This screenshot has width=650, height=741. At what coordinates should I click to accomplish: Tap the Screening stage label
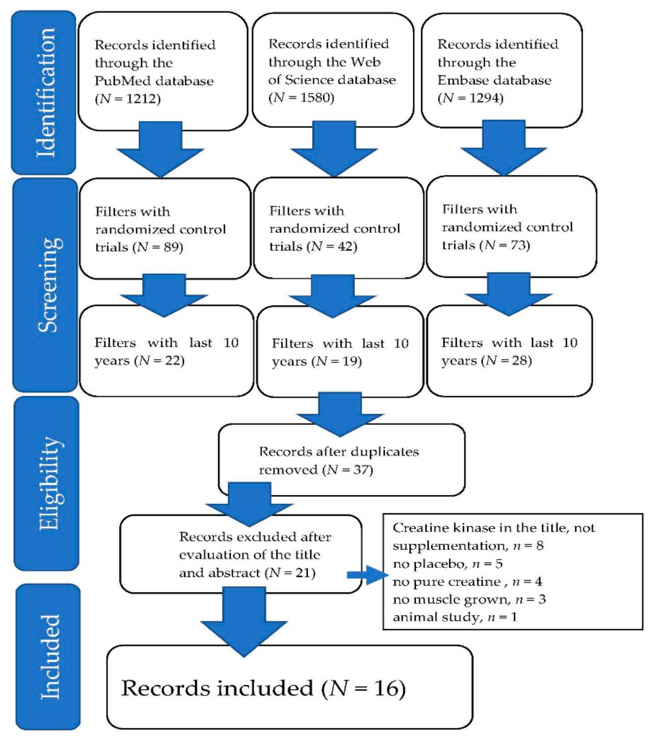pos(49,285)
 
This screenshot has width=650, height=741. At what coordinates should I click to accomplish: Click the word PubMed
pos(115,81)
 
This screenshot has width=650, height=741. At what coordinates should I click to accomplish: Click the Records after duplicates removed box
pos(341,460)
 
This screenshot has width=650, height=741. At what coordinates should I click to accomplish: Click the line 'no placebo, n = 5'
pos(448,564)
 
